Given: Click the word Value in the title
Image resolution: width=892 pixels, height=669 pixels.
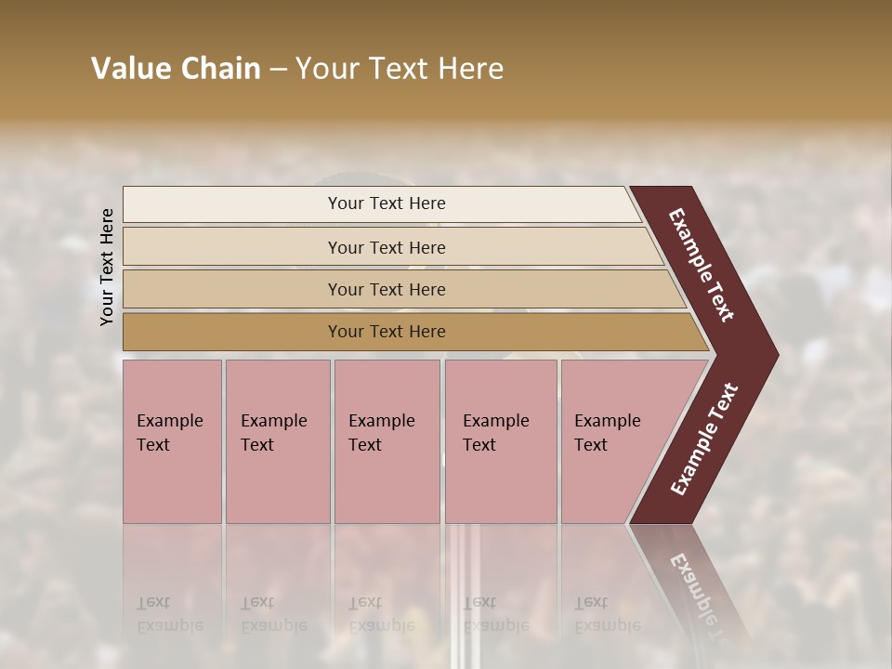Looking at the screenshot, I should tap(129, 69).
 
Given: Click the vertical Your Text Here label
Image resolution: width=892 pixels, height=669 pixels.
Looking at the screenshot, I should tap(107, 267).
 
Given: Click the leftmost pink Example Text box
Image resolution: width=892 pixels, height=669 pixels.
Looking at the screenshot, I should tap(172, 441).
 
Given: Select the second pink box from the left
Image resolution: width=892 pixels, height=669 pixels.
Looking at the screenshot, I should tap(278, 441).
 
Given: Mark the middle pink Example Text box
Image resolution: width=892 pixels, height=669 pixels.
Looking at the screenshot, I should tap(387, 441).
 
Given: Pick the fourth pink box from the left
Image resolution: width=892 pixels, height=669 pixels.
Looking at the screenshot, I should tap(501, 441).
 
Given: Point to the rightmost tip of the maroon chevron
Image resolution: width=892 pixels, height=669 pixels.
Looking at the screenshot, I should tap(776, 355).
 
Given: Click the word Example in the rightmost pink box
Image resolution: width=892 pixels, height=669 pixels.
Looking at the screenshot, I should tap(608, 421).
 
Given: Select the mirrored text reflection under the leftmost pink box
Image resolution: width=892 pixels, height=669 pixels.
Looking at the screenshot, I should tap(169, 614).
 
